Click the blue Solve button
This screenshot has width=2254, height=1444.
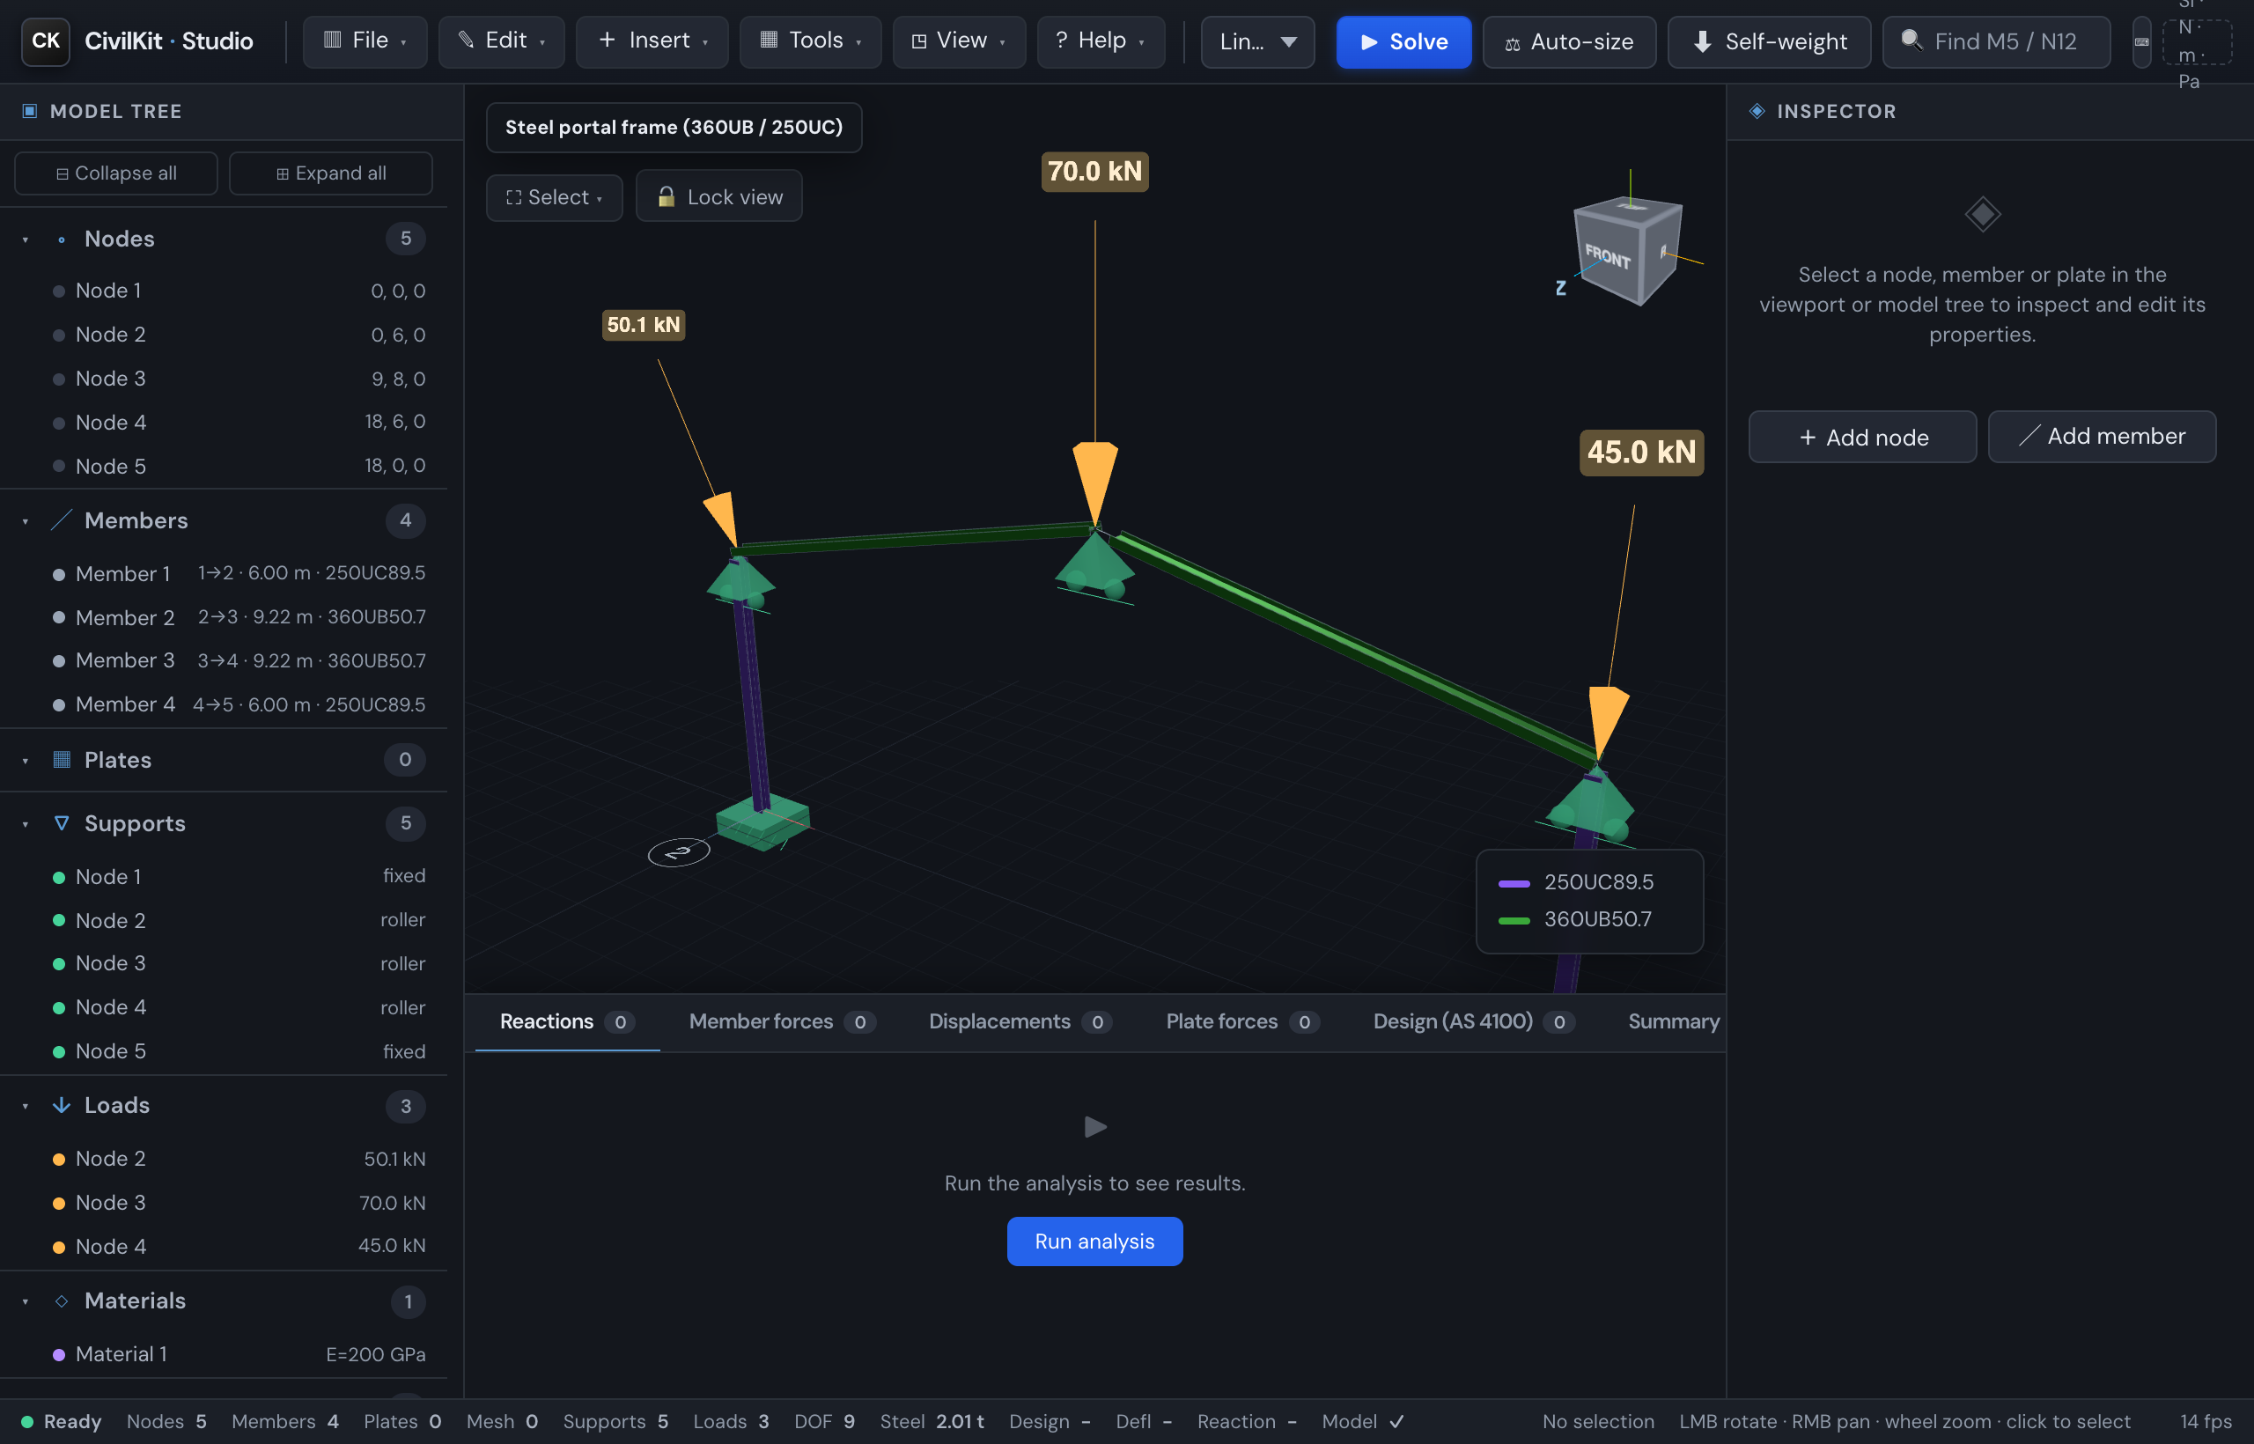pos(1403,41)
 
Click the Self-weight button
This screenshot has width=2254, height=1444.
pos(1768,41)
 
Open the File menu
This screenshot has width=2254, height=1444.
pos(365,41)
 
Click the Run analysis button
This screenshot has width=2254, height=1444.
pos(1094,1241)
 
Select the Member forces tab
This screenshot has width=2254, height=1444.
pos(782,1021)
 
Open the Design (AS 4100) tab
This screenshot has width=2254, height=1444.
pos(1473,1021)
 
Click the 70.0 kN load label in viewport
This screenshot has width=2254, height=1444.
pos(1094,172)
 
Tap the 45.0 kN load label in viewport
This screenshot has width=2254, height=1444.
pos(1641,452)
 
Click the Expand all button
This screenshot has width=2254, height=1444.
pos(330,173)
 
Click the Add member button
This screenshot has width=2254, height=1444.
pos(2102,436)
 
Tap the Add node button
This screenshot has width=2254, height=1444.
pos(1862,436)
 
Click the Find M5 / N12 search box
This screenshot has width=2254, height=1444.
pos(1996,41)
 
